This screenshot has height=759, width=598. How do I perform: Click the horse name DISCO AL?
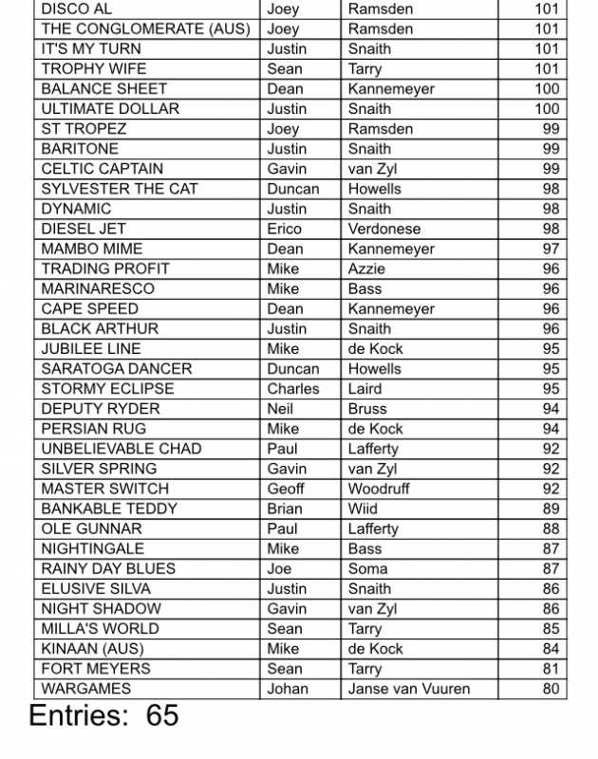click(76, 9)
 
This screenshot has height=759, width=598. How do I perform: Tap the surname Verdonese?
click(383, 229)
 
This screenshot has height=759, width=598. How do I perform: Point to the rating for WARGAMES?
click(551, 690)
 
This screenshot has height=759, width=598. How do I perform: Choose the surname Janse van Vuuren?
click(408, 690)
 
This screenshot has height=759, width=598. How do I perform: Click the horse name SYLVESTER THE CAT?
click(119, 189)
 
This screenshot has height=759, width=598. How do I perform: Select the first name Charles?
click(293, 389)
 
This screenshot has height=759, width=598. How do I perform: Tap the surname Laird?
click(365, 389)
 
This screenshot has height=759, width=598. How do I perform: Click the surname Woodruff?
click(379, 489)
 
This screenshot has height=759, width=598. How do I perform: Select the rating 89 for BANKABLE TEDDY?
click(551, 509)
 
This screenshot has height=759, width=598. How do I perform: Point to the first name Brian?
click(284, 509)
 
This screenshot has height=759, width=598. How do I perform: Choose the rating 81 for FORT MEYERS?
click(551, 669)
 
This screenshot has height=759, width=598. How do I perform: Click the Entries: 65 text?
click(104, 716)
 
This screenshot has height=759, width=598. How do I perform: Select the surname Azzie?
click(366, 268)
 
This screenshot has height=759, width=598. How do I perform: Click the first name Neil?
click(280, 409)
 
